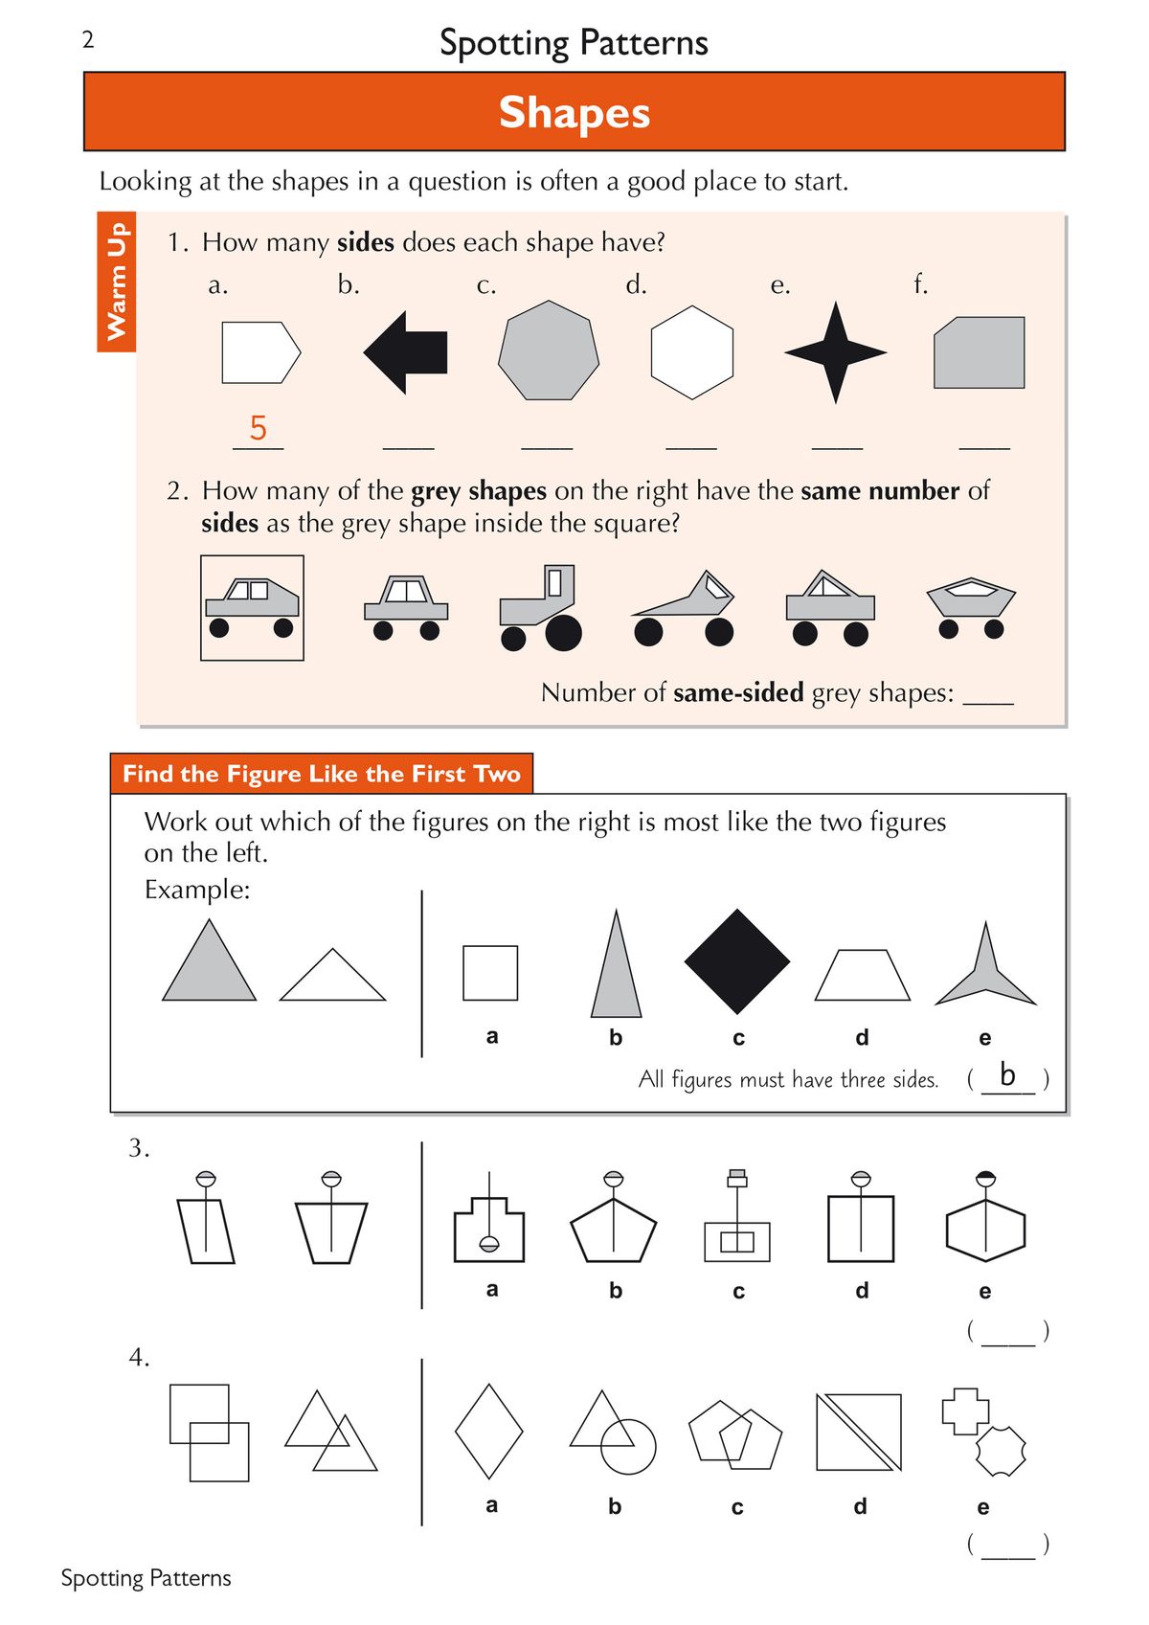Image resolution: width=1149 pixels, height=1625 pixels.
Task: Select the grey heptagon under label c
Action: tap(549, 351)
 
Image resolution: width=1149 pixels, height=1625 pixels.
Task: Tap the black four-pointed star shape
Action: tap(835, 352)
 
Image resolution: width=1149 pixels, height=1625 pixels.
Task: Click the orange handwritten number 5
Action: tap(258, 427)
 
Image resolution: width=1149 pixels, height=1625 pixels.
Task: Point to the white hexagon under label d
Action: tap(691, 352)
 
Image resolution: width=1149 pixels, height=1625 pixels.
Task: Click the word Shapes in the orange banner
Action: tap(574, 112)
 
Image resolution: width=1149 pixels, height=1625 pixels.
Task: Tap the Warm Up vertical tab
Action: tap(117, 282)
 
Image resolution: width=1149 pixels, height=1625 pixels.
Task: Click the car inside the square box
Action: tap(252, 607)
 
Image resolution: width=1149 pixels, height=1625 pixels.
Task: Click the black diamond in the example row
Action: tap(736, 961)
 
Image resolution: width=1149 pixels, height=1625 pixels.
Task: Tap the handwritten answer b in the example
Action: tap(1006, 1074)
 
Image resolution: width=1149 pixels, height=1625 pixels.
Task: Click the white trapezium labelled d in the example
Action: tap(862, 977)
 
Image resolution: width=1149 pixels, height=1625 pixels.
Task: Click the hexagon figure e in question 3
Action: tap(985, 1230)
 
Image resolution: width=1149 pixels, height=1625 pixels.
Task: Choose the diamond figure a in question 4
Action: tap(488, 1432)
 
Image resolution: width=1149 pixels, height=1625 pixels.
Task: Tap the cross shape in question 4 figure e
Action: tap(964, 1411)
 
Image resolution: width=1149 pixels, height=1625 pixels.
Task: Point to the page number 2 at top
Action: tap(88, 39)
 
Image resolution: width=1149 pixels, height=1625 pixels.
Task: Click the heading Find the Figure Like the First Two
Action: tap(321, 774)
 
